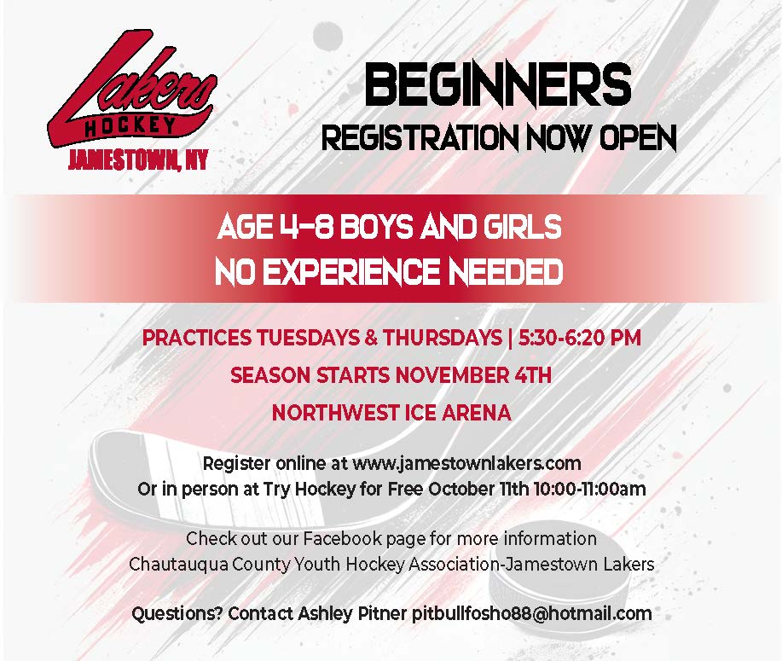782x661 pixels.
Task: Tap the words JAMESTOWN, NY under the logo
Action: (x=136, y=159)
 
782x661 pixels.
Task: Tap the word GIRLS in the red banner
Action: (x=518, y=229)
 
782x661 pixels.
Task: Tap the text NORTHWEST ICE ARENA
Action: (x=391, y=413)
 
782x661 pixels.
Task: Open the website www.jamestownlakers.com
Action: (x=466, y=464)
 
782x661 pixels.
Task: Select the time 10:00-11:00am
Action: (x=588, y=490)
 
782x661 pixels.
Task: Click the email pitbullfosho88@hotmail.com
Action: (x=531, y=613)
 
